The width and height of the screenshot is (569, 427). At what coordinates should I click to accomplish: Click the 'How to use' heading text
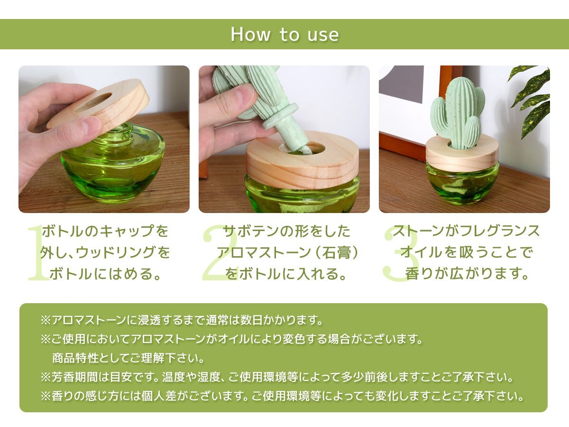tap(284, 34)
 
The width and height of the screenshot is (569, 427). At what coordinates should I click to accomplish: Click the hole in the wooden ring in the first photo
tap(92, 103)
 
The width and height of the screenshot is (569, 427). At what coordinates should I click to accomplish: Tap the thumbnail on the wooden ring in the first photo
tap(90, 125)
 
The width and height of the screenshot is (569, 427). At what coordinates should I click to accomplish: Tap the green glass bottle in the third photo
tap(462, 183)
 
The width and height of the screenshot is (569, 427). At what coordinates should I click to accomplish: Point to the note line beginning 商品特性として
tap(128, 358)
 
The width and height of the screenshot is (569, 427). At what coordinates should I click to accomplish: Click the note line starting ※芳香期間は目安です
tap(277, 377)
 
